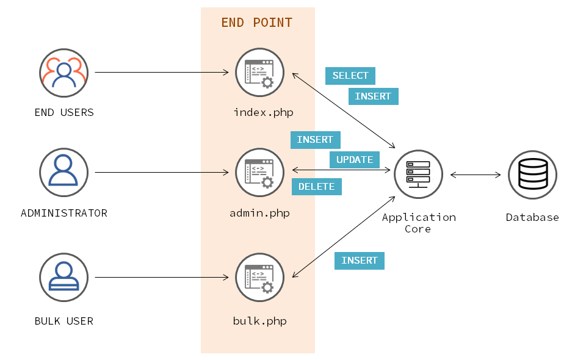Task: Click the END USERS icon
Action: (x=63, y=73)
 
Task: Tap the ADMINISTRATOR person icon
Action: (x=63, y=172)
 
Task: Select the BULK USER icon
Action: (x=63, y=278)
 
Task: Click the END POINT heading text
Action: (x=256, y=23)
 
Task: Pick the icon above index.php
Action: (x=259, y=73)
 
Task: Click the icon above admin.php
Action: (x=259, y=172)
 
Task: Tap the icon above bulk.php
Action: (x=259, y=278)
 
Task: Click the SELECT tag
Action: (x=350, y=76)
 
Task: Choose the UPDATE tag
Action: (x=355, y=160)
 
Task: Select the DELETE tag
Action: (x=316, y=187)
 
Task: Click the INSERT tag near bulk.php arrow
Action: (x=360, y=261)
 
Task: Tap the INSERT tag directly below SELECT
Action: (x=373, y=96)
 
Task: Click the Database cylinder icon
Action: (x=532, y=175)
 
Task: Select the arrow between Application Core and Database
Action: (x=476, y=175)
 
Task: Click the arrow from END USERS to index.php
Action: (x=162, y=73)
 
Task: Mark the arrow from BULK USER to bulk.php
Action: (x=162, y=278)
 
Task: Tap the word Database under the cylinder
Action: (x=532, y=217)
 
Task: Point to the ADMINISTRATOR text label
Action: (x=64, y=213)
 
